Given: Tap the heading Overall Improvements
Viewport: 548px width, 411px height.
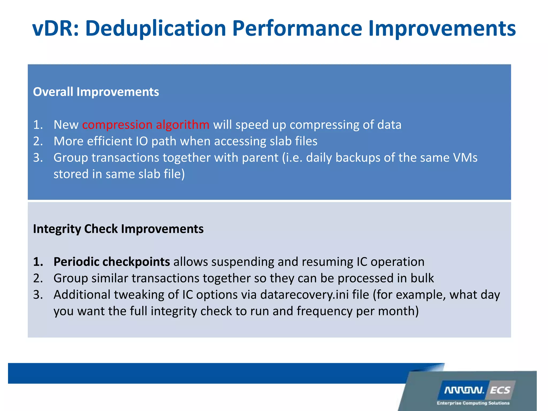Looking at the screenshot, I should click(x=96, y=92).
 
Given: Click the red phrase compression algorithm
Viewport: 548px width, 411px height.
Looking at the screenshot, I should click(x=146, y=125).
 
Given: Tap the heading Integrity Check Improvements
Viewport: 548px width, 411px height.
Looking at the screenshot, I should click(x=118, y=229).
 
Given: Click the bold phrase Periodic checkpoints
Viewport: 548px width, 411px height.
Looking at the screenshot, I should click(x=112, y=262).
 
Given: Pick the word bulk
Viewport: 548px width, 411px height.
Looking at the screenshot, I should click(x=422, y=278).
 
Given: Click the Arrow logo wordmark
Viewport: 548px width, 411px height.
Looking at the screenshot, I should click(x=464, y=390).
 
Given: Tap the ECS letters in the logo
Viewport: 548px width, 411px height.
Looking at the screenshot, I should click(x=500, y=390).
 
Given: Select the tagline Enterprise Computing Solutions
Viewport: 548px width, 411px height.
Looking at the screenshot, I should click(x=473, y=403).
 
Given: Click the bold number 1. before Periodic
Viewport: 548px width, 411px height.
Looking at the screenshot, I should click(x=38, y=262).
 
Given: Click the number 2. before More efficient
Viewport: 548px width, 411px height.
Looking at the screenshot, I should click(x=38, y=141).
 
